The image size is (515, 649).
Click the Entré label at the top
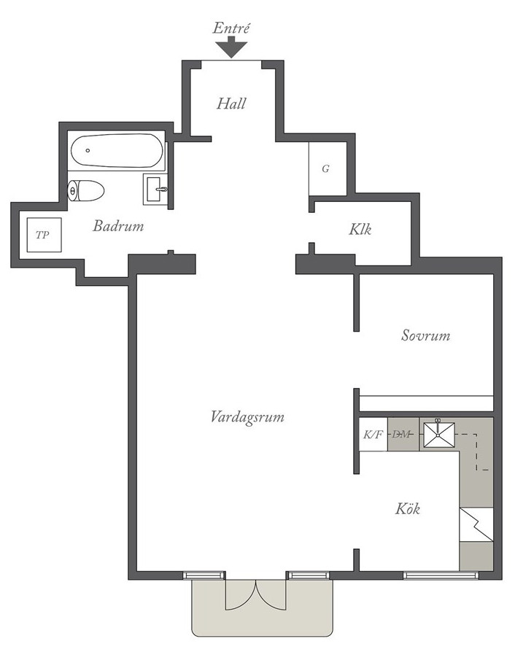click(231, 28)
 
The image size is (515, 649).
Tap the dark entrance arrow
click(231, 47)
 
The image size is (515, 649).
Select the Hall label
click(231, 104)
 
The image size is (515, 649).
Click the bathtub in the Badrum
click(116, 151)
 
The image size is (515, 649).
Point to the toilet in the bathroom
click(85, 191)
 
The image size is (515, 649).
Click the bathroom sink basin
click(156, 190)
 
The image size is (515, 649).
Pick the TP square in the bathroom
click(44, 235)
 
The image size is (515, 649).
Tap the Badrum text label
click(118, 226)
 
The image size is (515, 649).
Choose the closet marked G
click(328, 168)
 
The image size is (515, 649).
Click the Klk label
click(360, 229)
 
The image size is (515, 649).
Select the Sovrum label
click(425, 335)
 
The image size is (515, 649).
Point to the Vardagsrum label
click(247, 416)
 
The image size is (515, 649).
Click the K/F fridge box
click(373, 434)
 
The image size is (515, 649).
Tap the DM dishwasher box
click(403, 434)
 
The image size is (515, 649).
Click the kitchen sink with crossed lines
click(439, 435)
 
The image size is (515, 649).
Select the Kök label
click(408, 509)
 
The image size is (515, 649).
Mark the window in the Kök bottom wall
click(441, 575)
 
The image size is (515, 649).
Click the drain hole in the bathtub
click(88, 151)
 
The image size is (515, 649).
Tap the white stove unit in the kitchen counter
click(476, 524)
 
